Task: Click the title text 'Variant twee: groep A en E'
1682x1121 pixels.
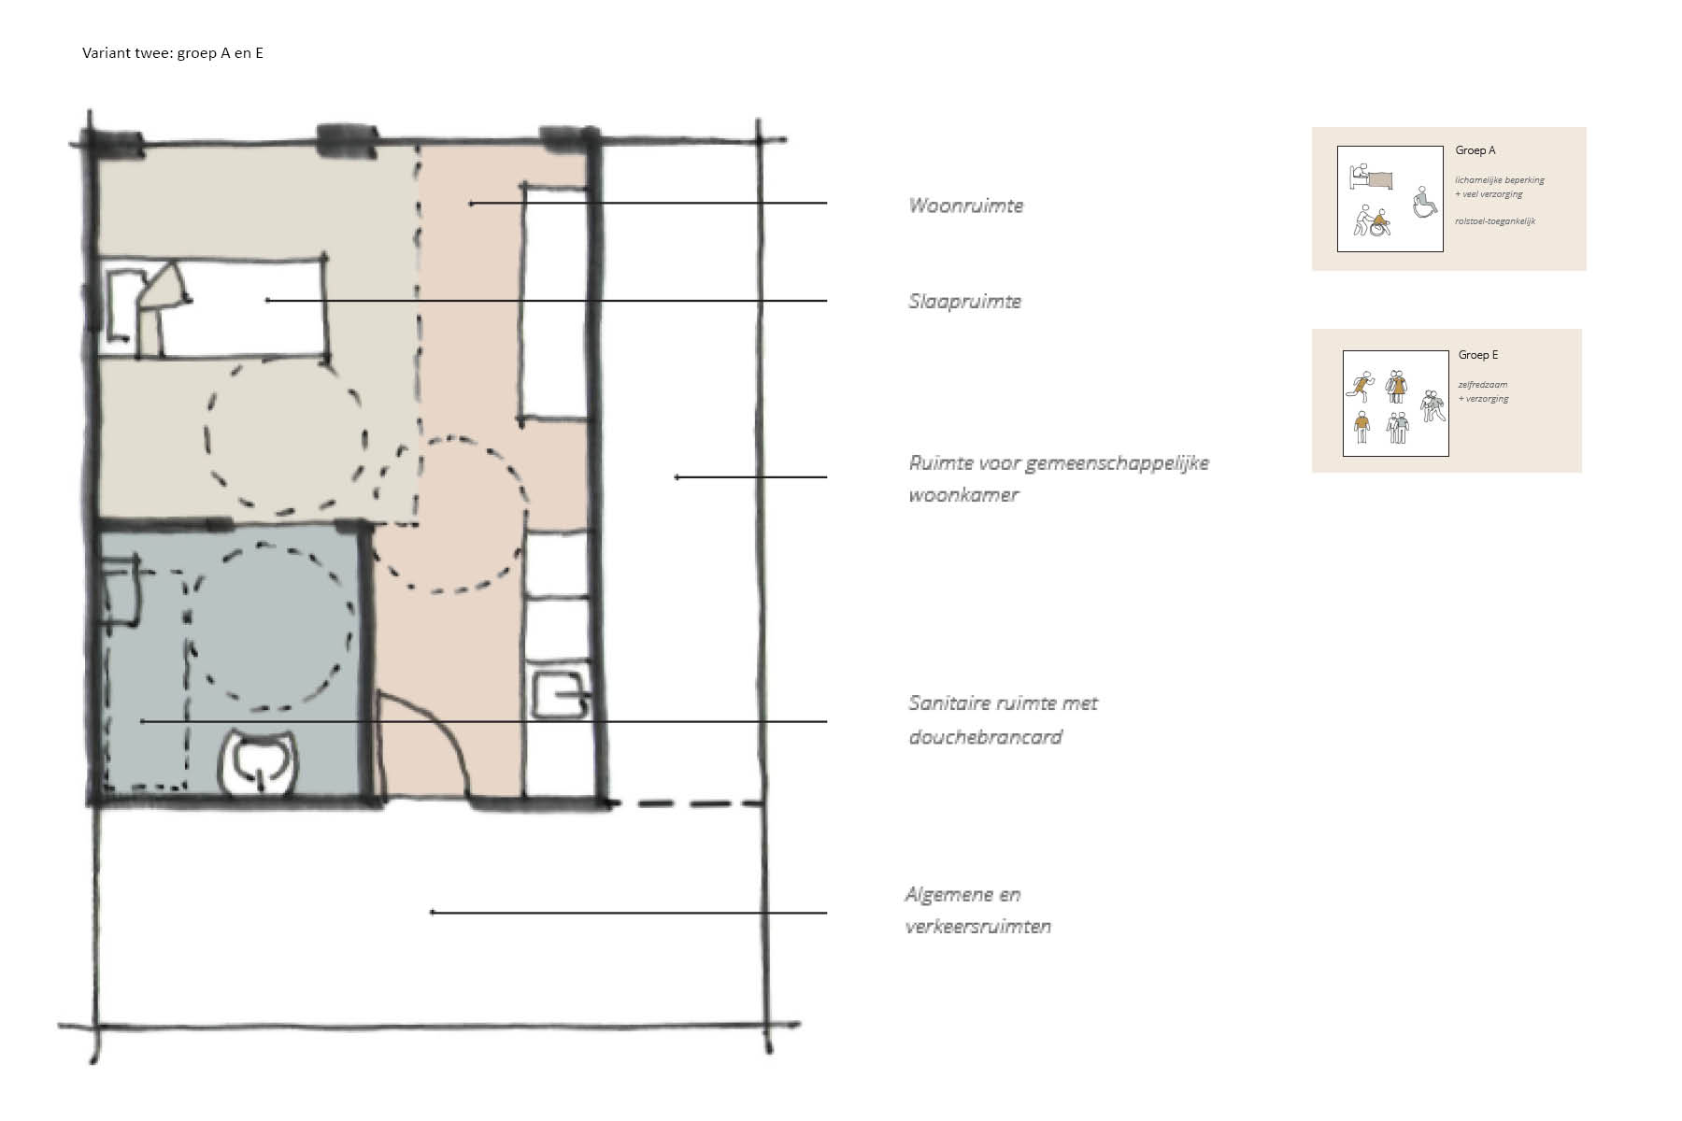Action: pyautogui.click(x=173, y=53)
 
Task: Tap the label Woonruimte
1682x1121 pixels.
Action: pyautogui.click(x=966, y=206)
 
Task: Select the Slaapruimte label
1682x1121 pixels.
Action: pyautogui.click(x=964, y=302)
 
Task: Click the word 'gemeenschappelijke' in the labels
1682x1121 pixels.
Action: pyautogui.click(x=1117, y=463)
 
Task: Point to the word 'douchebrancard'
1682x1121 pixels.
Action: pyautogui.click(x=985, y=737)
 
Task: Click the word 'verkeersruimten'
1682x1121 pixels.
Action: pyautogui.click(x=978, y=927)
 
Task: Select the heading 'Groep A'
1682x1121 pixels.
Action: pyautogui.click(x=1475, y=150)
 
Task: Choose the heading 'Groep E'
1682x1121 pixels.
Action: pyautogui.click(x=1478, y=355)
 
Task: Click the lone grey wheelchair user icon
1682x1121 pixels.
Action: pyautogui.click(x=1424, y=202)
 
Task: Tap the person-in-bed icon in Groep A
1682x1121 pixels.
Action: pyautogui.click(x=1370, y=176)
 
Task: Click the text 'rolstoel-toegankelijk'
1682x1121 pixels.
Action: pyautogui.click(x=1495, y=221)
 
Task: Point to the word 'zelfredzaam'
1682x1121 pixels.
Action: pyautogui.click(x=1483, y=385)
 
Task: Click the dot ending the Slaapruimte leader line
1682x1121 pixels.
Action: pyautogui.click(x=268, y=300)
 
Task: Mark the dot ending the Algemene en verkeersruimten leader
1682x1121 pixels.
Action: pyautogui.click(x=432, y=912)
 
